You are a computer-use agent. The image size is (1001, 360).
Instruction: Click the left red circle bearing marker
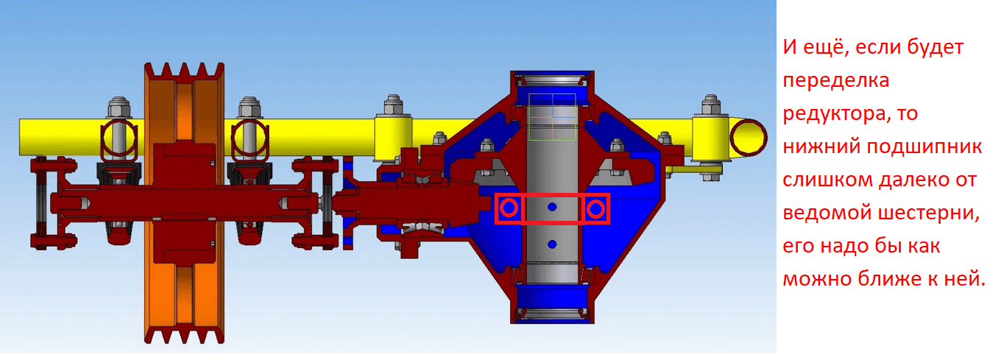509,208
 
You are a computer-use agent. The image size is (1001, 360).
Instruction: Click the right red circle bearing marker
595,209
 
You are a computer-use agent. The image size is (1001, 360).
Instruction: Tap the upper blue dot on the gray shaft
552,207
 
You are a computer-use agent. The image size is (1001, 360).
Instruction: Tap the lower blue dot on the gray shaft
552,244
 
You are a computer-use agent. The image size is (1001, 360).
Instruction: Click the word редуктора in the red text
835,114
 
